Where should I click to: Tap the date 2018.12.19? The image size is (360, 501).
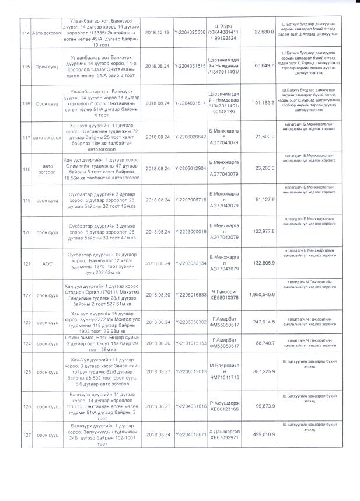pos(156,33)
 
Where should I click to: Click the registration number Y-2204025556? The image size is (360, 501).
pos(190,33)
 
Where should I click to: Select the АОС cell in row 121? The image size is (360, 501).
pos(47,264)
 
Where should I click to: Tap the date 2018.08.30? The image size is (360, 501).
pos(156,295)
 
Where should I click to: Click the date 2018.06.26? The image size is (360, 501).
pos(156,343)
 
